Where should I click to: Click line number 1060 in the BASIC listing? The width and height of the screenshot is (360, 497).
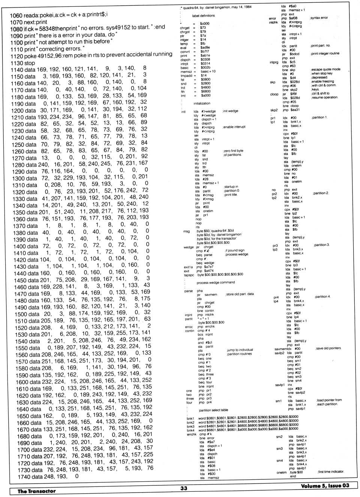[x=16, y=15]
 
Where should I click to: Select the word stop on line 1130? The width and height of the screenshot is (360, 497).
[x=30, y=63]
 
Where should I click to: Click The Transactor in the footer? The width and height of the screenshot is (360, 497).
[x=36, y=491]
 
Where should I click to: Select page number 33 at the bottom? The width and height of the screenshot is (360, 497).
[x=183, y=488]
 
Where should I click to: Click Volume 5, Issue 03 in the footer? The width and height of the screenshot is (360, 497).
[x=325, y=486]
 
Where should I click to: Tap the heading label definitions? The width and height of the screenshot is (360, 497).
[x=203, y=16]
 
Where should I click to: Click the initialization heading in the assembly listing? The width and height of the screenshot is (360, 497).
[x=202, y=103]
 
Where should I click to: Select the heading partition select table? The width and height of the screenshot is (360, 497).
[x=213, y=410]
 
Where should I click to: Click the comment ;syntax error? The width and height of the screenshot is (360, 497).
[x=319, y=18]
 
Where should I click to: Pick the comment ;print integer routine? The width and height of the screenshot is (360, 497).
[x=325, y=54]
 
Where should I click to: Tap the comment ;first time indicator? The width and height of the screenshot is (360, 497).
[x=330, y=472]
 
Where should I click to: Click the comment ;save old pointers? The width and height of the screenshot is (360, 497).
[x=328, y=348]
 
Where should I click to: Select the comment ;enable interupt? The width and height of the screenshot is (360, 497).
[x=234, y=127]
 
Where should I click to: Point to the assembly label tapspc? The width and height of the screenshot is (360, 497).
[x=189, y=275]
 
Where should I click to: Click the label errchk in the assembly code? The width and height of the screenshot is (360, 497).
[x=192, y=434]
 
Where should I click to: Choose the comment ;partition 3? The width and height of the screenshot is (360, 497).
[x=321, y=245]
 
